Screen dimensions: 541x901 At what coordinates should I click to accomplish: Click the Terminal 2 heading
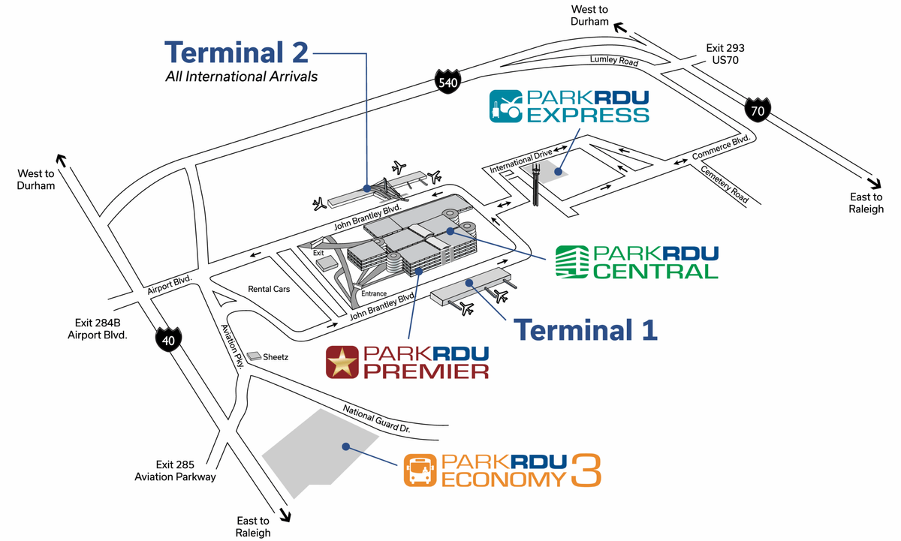click(236, 53)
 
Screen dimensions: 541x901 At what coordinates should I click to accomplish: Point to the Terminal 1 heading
click(585, 329)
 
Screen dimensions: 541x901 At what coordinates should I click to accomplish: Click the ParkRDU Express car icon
click(506, 107)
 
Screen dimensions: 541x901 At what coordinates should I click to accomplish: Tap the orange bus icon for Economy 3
click(420, 471)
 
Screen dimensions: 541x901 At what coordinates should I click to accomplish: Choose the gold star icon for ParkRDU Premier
click(342, 362)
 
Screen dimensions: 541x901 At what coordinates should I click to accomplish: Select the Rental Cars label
click(270, 289)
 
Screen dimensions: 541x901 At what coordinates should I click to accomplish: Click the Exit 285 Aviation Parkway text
click(175, 470)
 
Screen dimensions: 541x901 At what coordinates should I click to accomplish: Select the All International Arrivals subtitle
click(241, 77)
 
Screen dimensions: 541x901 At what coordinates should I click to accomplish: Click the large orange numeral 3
click(586, 470)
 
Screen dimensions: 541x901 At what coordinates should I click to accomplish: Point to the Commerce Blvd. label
click(722, 148)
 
